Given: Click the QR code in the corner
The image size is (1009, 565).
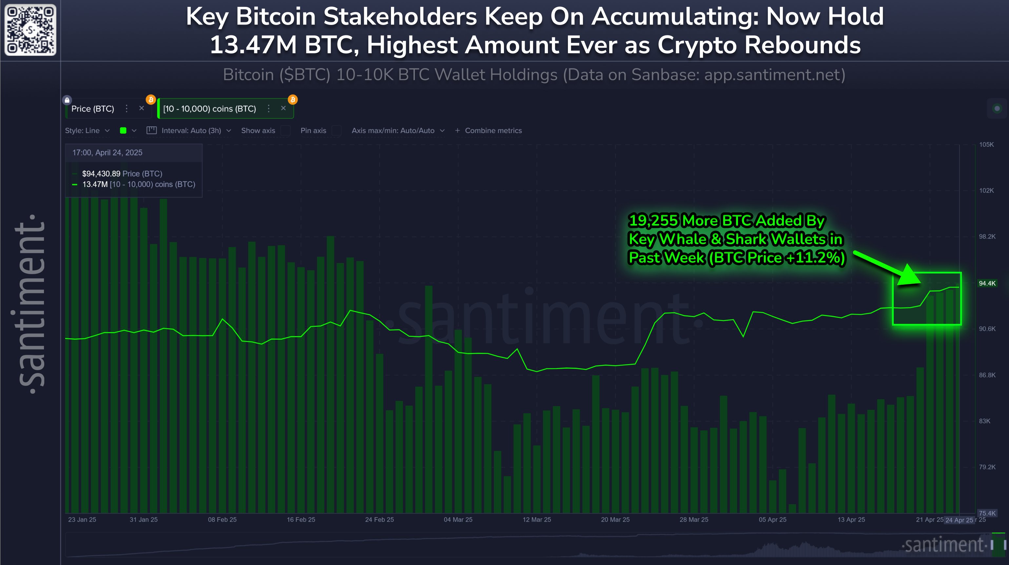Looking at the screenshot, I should point(30,30).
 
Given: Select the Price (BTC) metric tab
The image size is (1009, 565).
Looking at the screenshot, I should point(93,109).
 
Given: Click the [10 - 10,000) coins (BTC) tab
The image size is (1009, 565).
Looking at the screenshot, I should point(209,109).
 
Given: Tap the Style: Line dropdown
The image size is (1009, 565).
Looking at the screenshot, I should point(87,131).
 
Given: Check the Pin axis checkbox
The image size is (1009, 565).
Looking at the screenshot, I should point(336,131).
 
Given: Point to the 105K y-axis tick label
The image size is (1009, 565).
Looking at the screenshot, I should point(986,145).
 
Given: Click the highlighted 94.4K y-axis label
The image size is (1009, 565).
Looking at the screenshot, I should point(987,283).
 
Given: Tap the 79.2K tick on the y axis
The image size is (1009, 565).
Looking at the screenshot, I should point(987,467).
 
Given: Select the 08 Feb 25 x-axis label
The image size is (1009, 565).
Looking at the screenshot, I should point(222,519).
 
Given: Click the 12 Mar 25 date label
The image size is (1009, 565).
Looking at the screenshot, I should point(537,519).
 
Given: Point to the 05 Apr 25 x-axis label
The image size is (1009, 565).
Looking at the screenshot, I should point(772,519).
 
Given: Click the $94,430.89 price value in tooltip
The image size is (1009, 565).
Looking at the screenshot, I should point(101,174).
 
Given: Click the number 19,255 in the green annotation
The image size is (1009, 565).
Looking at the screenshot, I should point(653,221).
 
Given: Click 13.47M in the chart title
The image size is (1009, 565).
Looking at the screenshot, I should point(253,45).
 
